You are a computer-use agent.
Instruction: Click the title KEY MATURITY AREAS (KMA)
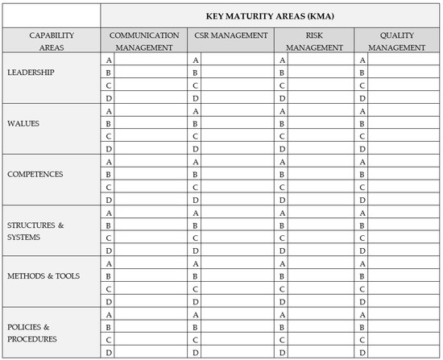pos(271,15)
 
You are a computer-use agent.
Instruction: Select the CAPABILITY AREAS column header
pos(52,41)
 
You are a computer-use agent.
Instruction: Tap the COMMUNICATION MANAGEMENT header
pos(144,41)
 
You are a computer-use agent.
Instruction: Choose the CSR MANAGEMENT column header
pos(230,36)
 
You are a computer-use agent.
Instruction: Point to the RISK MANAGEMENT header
pos(315,41)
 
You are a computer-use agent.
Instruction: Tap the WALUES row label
pos(23,124)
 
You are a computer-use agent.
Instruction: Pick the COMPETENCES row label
pos(35,174)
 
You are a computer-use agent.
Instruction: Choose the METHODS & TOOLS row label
pos(43,275)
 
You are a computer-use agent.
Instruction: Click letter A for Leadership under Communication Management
pos(109,60)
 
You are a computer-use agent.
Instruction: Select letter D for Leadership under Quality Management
pos(363,98)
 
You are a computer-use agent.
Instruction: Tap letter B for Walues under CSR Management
pos(195,123)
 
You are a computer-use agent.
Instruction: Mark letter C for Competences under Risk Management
pos(281,187)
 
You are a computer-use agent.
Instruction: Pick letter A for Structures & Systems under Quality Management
pos(363,212)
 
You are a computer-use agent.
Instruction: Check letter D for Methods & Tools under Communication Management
pos(109,301)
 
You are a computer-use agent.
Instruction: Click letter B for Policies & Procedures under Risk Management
pos(281,327)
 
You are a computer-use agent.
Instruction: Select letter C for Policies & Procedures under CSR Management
pos(195,340)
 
